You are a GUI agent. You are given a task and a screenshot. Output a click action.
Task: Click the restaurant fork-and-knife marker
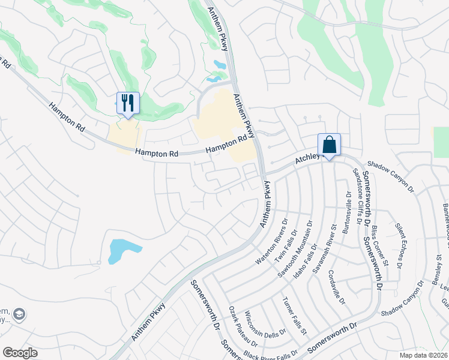click(127, 103)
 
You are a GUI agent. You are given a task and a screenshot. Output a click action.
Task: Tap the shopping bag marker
click(329, 145)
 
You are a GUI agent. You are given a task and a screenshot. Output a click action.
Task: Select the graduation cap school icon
click(19, 314)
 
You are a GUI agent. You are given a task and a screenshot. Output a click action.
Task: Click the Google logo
click(20, 353)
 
